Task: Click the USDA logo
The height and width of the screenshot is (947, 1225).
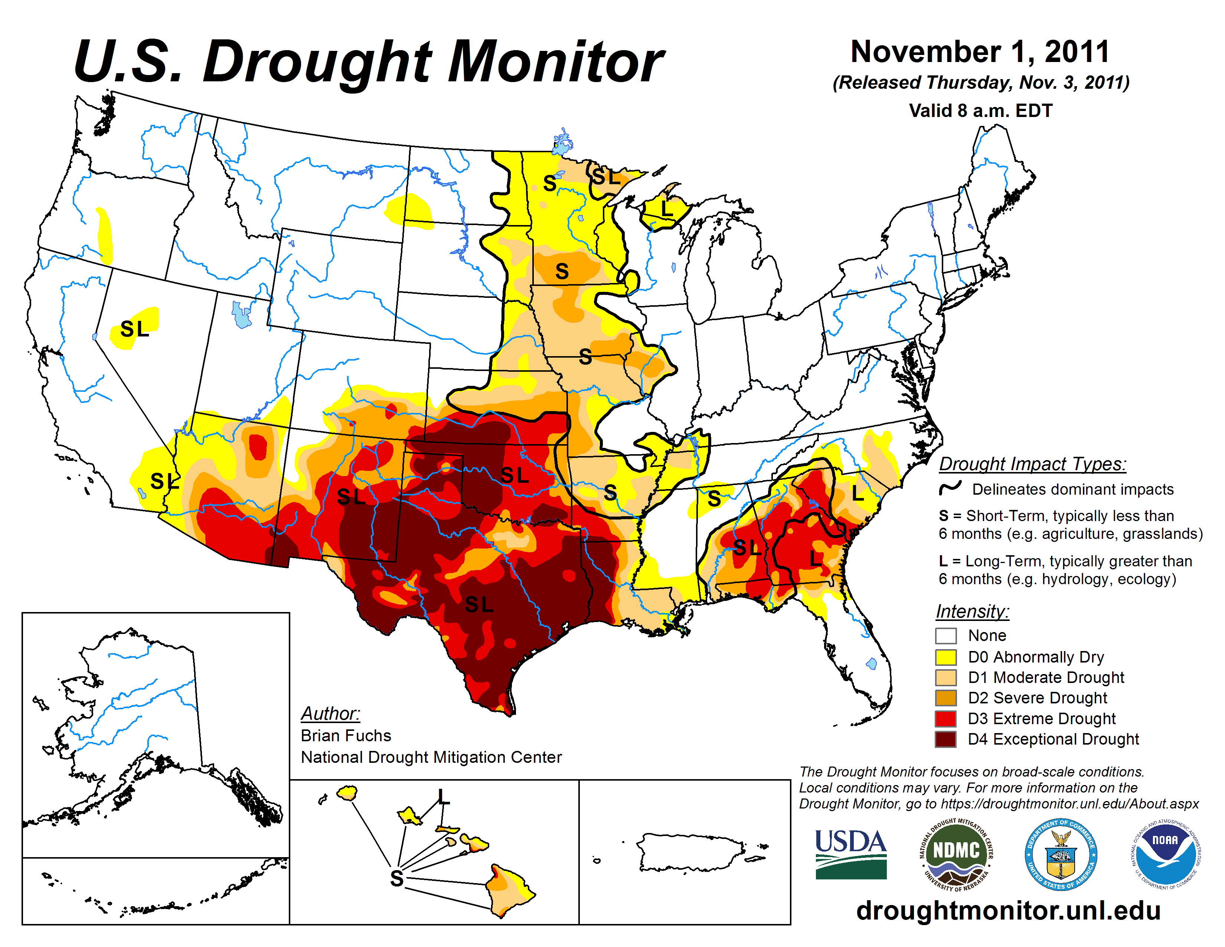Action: [850, 854]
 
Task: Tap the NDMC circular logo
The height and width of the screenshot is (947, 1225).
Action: [956, 854]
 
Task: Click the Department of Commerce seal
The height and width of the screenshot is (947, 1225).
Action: [1061, 854]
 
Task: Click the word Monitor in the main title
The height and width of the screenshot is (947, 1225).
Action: [555, 62]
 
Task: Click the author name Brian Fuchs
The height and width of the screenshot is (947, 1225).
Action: [346, 735]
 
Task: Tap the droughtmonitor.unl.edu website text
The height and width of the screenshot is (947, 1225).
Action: [1008, 910]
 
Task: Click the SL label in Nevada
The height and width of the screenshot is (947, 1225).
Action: [135, 329]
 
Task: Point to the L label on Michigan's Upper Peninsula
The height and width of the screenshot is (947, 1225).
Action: [666, 209]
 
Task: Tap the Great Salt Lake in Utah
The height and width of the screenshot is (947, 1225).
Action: [241, 315]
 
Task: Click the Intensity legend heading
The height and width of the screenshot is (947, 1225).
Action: [972, 611]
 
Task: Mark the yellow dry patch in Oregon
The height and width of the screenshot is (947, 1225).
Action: [104, 235]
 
